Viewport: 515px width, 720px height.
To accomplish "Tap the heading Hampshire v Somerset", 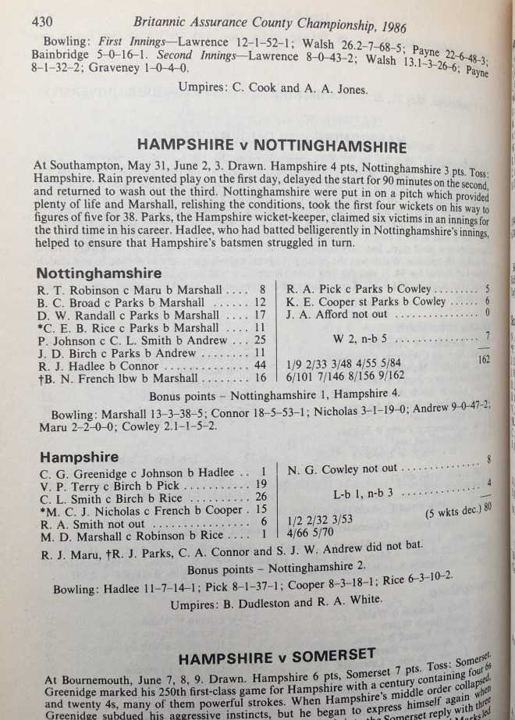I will (265, 652).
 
